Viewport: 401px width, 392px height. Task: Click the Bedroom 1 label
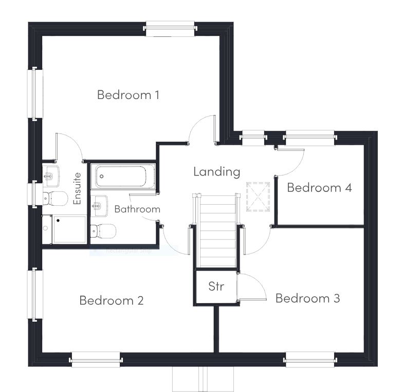coord(128,95)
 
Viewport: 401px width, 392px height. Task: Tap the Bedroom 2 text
coord(111,301)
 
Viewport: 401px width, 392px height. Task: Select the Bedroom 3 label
coord(307,298)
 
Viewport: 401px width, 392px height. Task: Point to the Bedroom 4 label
coord(319,188)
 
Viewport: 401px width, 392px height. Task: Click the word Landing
coord(216,172)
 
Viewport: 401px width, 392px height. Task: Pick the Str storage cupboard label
coord(216,286)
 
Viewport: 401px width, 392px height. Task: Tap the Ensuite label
coord(78,188)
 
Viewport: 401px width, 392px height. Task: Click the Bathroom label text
coord(137,209)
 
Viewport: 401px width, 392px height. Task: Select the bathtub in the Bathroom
coord(123,177)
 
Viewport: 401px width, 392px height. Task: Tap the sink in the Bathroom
coord(100,206)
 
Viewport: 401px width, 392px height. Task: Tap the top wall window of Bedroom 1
coord(171,29)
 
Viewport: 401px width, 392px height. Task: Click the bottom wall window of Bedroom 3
coord(311,359)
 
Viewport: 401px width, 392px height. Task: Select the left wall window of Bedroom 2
coord(35,294)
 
